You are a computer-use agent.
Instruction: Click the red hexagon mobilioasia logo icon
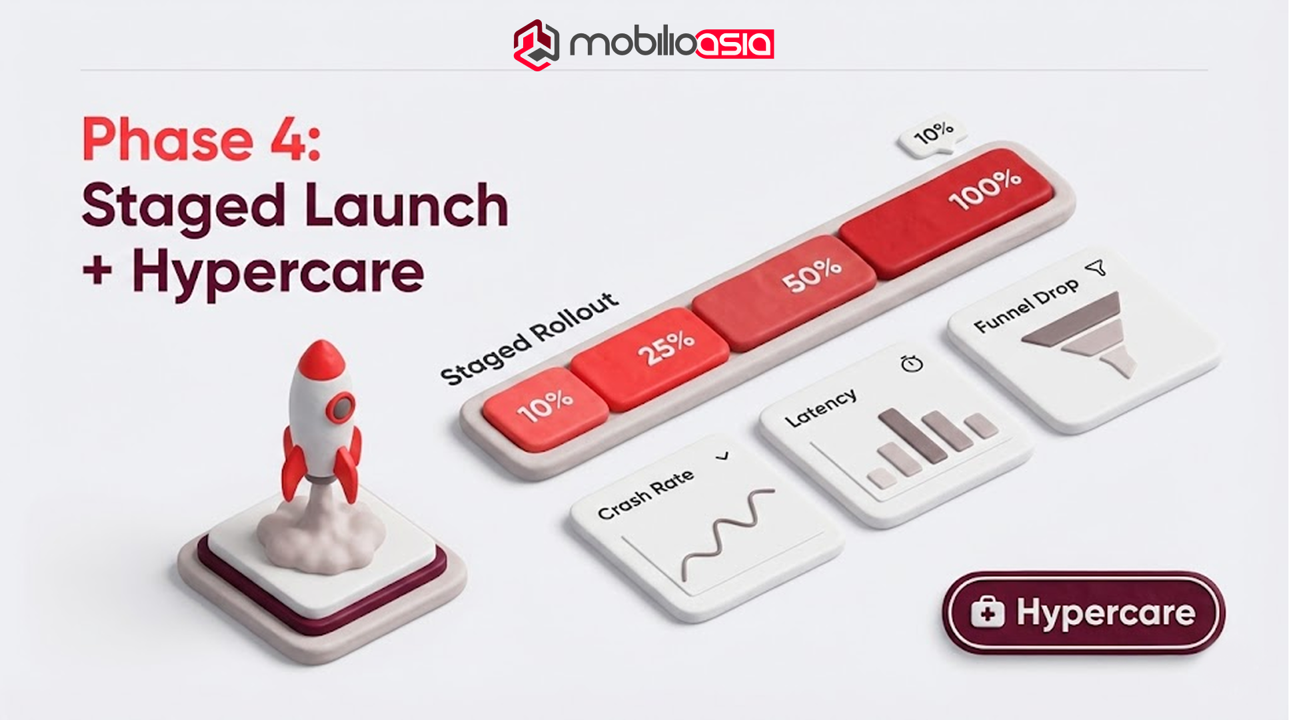(x=536, y=45)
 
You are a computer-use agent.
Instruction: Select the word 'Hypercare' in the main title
(x=278, y=273)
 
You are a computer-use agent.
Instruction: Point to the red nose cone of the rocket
(x=321, y=360)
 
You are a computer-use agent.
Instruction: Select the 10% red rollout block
(x=545, y=407)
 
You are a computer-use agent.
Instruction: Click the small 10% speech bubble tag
(x=933, y=134)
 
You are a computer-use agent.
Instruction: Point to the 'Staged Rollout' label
(x=530, y=338)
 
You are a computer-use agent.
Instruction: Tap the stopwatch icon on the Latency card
(x=912, y=363)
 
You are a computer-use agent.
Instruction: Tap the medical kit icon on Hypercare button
(x=987, y=612)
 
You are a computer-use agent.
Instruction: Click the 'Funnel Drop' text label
(x=1026, y=305)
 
